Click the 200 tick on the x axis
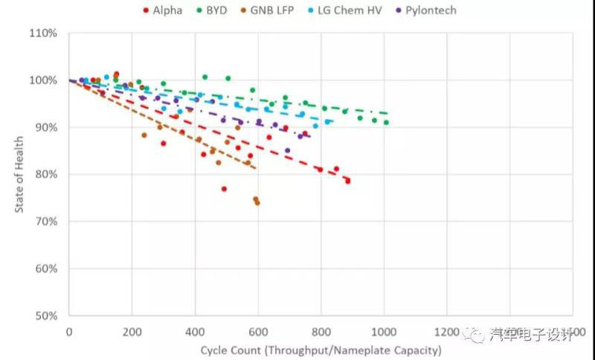pos(132,331)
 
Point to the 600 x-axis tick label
pos(258,331)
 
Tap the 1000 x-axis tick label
pos(384,331)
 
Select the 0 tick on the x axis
pos(69,331)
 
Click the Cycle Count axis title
pos(321,350)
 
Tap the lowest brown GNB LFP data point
pos(257,202)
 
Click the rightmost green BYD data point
pos(386,123)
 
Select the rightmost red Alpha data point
pos(347,181)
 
